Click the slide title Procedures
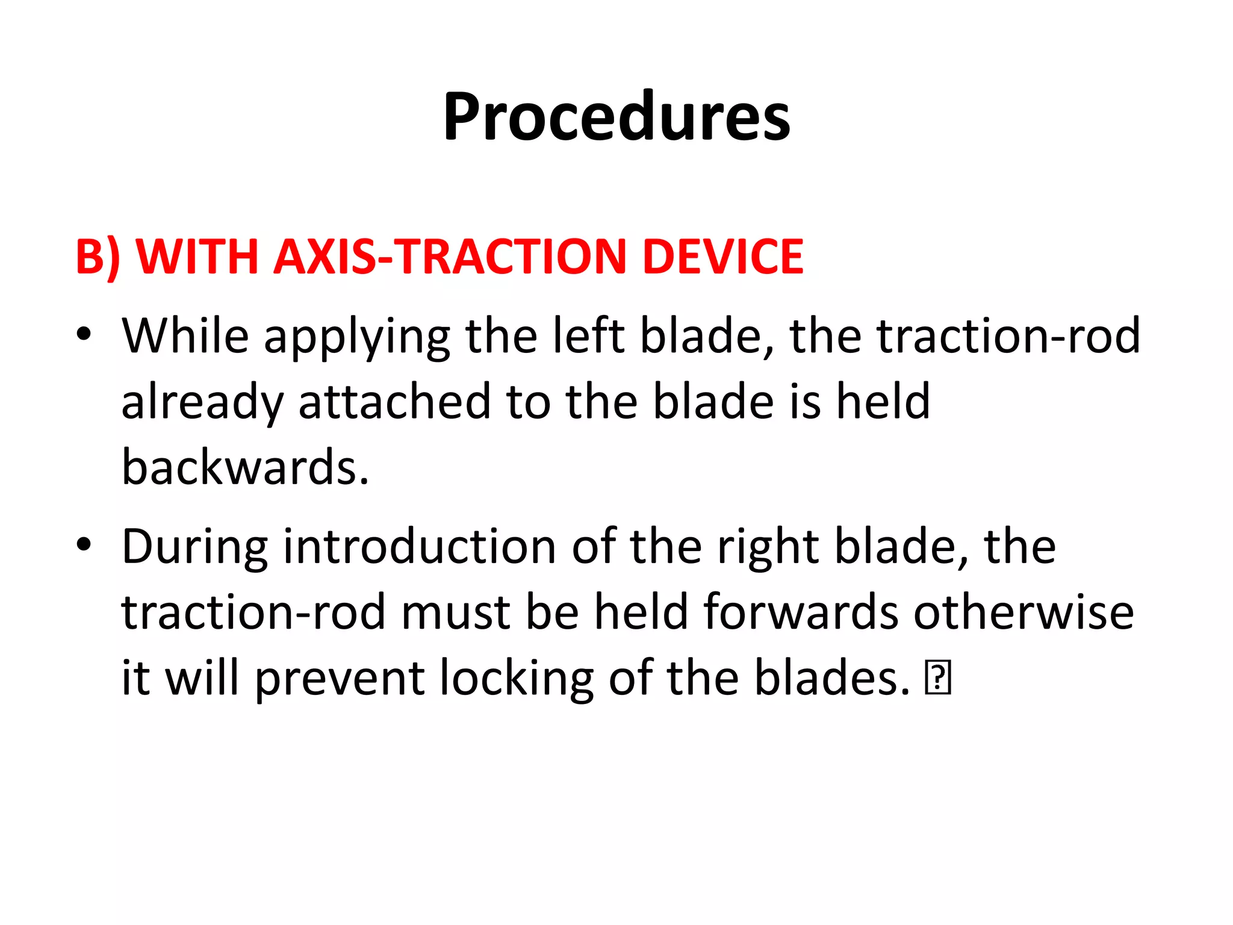[616, 117]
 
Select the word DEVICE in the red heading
[722, 257]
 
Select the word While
[185, 336]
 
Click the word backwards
[245, 468]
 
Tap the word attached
[395, 402]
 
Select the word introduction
[420, 547]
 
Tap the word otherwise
[1023, 612]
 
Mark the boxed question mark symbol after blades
[938, 678]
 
